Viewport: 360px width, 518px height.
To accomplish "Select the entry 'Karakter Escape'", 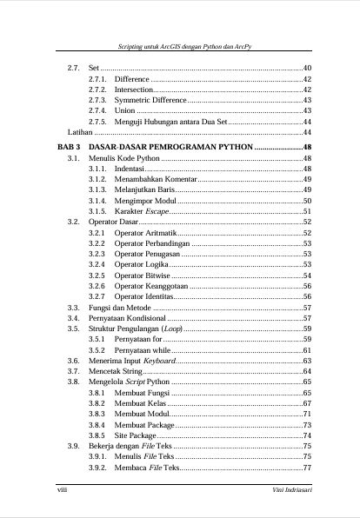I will click(142, 211).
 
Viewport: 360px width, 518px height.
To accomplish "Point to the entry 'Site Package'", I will click(136, 435).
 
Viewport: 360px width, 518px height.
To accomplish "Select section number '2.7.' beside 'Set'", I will click(74, 67).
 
